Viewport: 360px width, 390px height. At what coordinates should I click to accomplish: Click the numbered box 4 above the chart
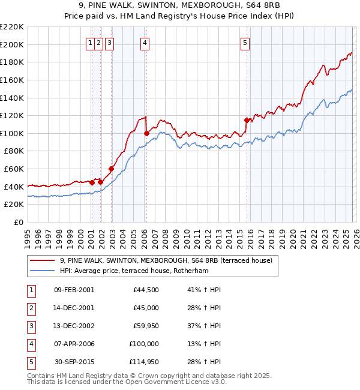[x=145, y=43]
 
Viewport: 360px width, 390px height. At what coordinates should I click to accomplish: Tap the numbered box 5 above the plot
[x=245, y=43]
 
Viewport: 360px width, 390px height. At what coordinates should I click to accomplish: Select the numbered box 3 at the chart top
[x=111, y=43]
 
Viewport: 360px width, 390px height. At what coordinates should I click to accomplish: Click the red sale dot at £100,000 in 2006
[x=146, y=133]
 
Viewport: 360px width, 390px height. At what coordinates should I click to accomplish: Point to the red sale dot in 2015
[x=247, y=120]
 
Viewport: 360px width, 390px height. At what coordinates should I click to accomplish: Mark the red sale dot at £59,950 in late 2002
[x=111, y=169]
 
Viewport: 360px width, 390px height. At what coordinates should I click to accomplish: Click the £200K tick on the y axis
[x=12, y=44]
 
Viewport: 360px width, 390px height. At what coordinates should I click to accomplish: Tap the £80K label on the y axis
[x=14, y=151]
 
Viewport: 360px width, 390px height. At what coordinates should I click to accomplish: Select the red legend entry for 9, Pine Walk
[x=166, y=260]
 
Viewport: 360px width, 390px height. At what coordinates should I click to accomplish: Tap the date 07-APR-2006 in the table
[x=74, y=344]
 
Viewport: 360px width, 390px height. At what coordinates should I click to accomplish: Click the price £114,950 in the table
[x=142, y=362]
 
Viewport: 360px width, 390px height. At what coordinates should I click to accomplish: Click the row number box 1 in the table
[x=31, y=290]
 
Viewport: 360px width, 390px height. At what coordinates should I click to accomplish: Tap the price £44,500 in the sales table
[x=146, y=290]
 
